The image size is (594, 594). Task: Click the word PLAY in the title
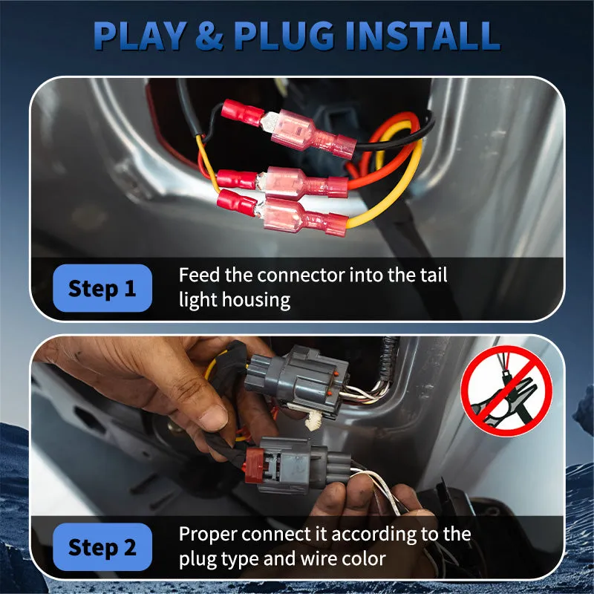click(x=140, y=36)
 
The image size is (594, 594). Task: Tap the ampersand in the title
click(x=209, y=36)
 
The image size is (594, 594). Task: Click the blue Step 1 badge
click(x=102, y=288)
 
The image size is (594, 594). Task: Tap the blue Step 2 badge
click(x=102, y=546)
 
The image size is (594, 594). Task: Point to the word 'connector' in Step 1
click(x=301, y=275)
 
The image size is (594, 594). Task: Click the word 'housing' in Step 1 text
click(x=256, y=301)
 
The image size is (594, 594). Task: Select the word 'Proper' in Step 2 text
click(x=208, y=535)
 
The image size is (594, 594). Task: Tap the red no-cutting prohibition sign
click(x=506, y=391)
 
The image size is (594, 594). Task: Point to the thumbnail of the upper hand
click(x=213, y=418)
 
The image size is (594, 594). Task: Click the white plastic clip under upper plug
click(x=313, y=420)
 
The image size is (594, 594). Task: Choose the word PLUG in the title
click(x=284, y=36)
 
